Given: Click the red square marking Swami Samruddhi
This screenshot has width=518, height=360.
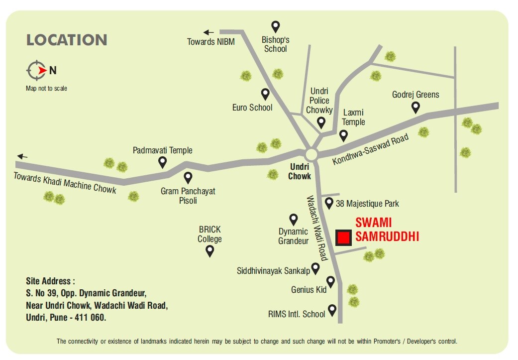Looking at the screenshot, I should coord(343,238).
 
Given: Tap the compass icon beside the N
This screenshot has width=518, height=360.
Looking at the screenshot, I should coord(36,71).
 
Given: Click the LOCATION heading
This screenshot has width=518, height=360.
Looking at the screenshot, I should coord(67,40).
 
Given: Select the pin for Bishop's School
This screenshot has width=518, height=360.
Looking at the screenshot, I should coord(276,27).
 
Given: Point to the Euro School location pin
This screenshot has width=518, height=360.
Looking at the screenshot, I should coord(266,94).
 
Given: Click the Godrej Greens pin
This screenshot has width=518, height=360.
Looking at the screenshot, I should coord(415,107).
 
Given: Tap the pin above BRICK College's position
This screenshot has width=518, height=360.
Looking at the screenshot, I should coord(210,251).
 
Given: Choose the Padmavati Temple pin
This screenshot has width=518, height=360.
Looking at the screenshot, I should coord(162,162).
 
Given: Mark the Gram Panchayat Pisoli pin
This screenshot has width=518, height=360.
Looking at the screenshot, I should coord(188,177).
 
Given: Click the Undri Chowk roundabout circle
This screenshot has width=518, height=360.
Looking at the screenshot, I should coord(312,154).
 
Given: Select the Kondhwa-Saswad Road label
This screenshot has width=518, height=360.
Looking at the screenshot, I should coord(370,149).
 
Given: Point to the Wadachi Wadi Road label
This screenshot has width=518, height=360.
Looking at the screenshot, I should coord(316,228).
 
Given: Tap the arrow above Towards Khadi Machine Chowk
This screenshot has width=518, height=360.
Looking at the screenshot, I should coord(22,156).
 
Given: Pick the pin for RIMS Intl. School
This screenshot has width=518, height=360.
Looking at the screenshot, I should coord(332,310).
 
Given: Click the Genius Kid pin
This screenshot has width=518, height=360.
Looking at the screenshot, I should coord(331,282).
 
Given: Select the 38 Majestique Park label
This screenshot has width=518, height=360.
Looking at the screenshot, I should coord(367,204).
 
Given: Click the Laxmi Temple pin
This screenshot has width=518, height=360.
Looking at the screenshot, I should coord(343,135).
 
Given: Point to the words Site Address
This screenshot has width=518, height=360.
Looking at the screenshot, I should coord(50,281).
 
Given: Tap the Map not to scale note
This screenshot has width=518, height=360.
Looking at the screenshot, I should coord(46,89).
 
